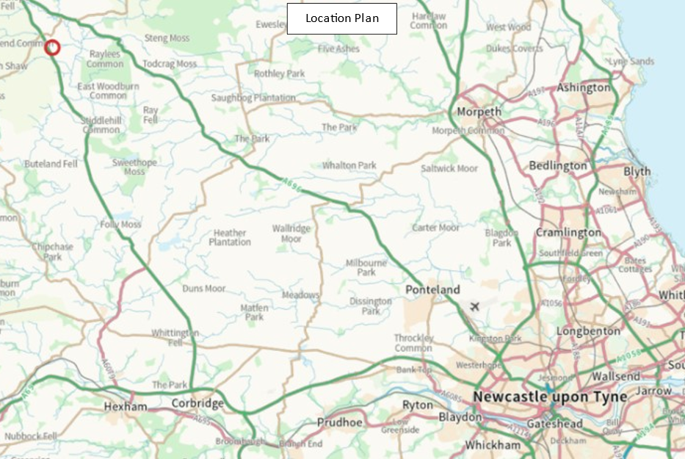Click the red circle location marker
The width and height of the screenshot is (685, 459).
(x=52, y=48)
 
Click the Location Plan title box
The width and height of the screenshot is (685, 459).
(x=341, y=18)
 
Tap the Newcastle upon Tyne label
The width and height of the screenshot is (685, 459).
(x=550, y=397)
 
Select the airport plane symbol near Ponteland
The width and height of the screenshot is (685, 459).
(x=474, y=306)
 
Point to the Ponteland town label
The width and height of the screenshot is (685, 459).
(x=432, y=290)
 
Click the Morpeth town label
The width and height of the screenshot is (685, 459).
(x=479, y=112)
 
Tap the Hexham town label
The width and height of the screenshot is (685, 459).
(x=126, y=406)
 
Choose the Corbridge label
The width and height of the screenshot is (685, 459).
(x=197, y=403)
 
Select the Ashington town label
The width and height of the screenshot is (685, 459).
(x=584, y=87)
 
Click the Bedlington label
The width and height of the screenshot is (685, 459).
(x=558, y=165)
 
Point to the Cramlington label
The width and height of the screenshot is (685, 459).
(x=568, y=232)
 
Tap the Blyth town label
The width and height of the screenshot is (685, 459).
(x=637, y=171)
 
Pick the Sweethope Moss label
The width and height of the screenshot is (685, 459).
(x=134, y=167)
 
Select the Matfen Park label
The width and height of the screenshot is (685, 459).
(x=254, y=313)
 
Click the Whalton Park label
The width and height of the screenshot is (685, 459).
(x=349, y=165)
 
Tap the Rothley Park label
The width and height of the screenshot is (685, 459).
(x=279, y=73)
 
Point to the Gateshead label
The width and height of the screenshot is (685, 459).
(x=556, y=424)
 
